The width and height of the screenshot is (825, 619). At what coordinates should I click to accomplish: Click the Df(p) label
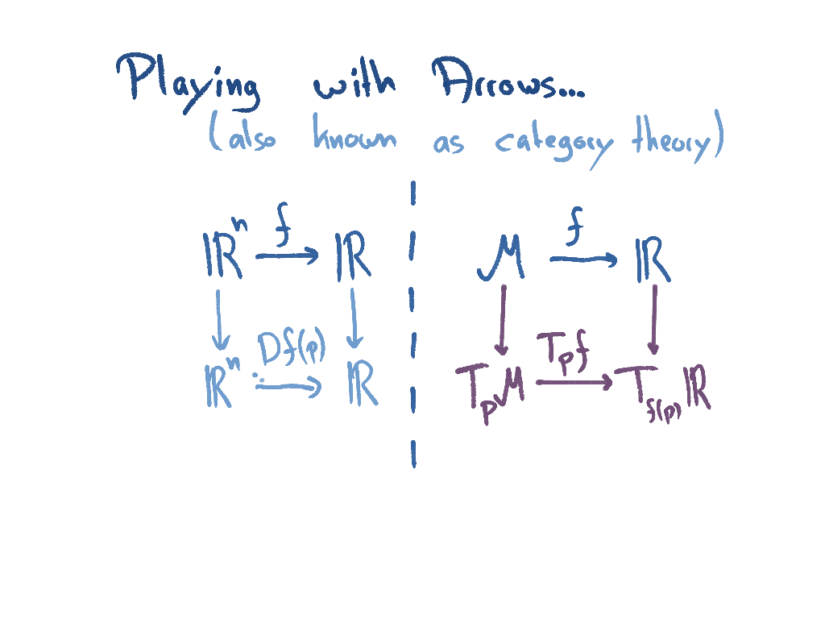292,350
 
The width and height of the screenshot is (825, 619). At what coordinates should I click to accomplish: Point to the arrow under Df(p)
288,387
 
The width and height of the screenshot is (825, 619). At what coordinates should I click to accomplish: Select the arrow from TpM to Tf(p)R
574,382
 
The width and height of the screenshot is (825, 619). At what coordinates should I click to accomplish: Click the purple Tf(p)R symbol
664,390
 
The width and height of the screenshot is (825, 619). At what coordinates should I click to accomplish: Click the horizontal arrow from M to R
582,259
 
